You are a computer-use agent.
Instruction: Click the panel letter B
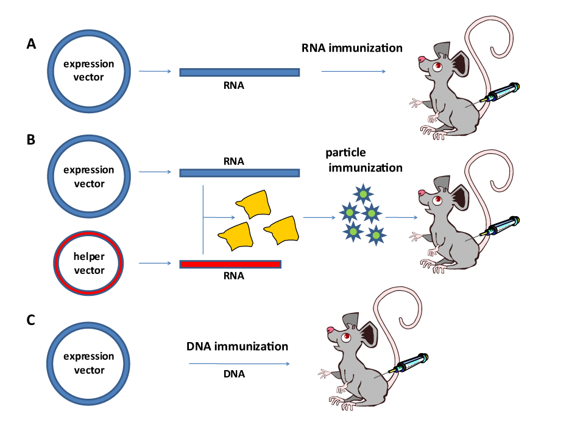click(31, 139)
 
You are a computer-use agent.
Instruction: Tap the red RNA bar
click(230, 264)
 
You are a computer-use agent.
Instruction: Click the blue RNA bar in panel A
click(239, 72)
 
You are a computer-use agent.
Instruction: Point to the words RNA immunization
click(352, 47)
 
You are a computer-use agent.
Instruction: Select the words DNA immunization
click(237, 346)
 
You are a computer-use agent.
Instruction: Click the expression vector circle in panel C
click(90, 363)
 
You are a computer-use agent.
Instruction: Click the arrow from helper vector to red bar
click(155, 264)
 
